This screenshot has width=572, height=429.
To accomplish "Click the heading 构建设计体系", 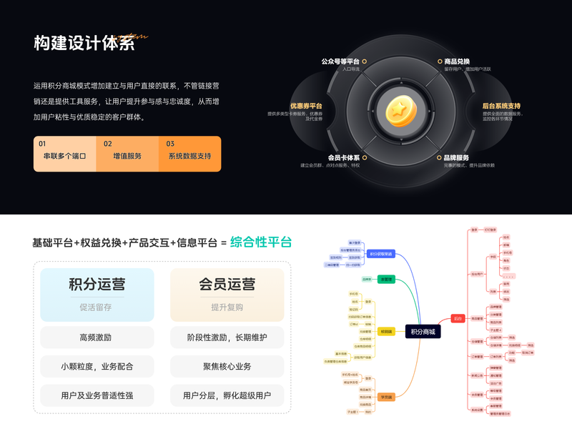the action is [x=84, y=43].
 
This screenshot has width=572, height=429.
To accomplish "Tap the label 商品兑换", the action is [x=457, y=61].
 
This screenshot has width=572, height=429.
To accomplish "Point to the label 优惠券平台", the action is [x=306, y=106].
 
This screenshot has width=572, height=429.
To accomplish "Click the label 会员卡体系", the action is [x=343, y=157].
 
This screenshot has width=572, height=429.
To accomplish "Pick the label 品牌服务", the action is [x=456, y=157].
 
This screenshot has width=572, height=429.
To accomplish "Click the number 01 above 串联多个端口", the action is [x=42, y=144].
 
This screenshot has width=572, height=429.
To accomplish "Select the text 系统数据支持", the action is [x=189, y=156].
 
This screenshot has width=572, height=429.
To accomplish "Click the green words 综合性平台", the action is [x=261, y=242].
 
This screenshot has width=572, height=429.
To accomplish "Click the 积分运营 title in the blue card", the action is [x=97, y=285].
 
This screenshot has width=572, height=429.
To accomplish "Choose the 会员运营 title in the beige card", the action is [x=227, y=285].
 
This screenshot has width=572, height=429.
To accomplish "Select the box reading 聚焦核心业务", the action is [x=227, y=366].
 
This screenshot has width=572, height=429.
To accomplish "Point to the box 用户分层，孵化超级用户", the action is [x=227, y=395].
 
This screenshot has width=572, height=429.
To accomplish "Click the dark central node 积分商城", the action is [x=422, y=331].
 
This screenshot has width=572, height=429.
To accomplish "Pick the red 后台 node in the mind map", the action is [x=458, y=318].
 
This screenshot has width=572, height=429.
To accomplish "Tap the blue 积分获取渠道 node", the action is [x=380, y=253].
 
